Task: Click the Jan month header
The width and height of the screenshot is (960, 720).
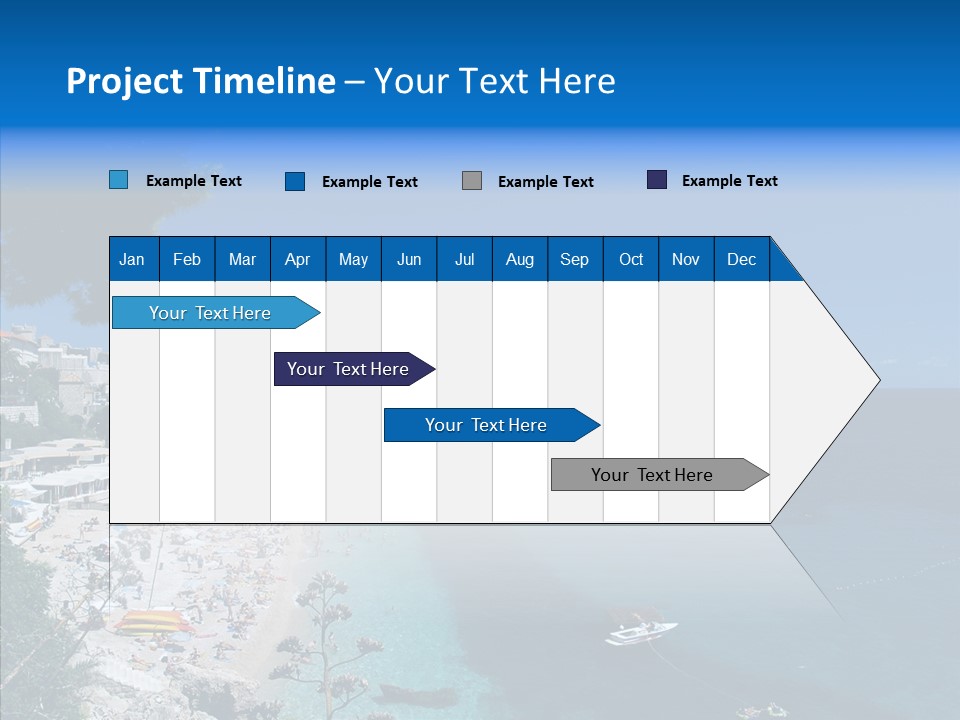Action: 132,259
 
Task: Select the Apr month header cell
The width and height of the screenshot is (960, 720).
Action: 297,259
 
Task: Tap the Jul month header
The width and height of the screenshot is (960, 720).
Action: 464,259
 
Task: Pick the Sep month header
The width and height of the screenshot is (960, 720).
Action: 574,259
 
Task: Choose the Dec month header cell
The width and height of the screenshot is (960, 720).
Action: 741,259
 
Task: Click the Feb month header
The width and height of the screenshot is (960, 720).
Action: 187,259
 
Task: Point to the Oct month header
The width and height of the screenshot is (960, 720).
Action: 631,259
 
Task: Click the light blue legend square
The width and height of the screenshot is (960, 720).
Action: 118,180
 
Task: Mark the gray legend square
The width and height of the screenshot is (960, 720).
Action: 472,181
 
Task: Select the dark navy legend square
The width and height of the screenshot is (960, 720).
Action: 657,180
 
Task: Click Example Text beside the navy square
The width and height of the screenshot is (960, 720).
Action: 729,181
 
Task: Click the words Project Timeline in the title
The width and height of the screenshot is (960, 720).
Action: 200,81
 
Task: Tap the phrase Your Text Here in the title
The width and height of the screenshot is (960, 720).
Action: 494,81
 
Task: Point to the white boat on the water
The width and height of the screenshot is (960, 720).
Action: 640,632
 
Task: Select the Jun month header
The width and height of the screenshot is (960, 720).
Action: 409,259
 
